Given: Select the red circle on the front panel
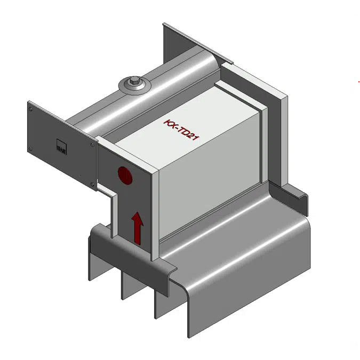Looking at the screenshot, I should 125,175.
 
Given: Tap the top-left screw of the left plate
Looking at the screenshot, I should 31,109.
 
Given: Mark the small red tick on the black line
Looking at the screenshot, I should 359,82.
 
